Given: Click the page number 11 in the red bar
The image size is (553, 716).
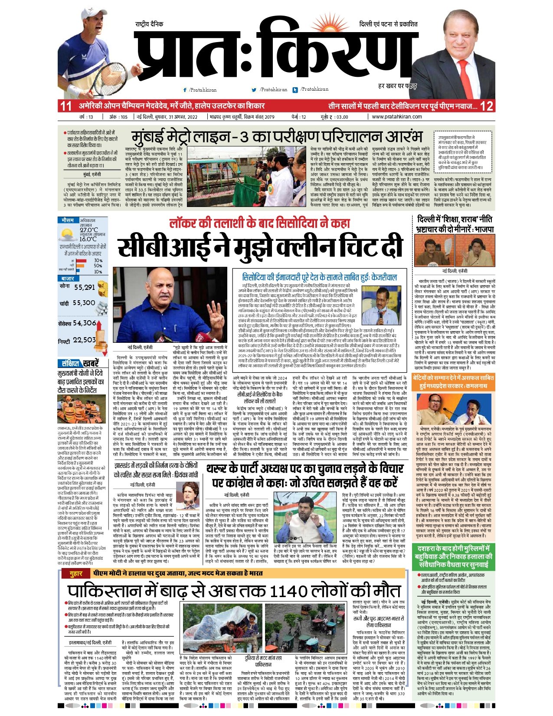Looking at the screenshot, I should click(65, 105).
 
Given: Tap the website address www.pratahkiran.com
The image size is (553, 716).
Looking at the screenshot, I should click(397, 117).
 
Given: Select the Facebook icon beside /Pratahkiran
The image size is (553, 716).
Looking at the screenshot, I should click(185, 90).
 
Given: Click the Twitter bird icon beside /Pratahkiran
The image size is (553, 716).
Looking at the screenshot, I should click(254, 90).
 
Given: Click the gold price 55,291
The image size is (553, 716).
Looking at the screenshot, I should click(84, 287).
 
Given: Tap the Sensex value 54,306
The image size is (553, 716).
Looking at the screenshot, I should click(85, 323).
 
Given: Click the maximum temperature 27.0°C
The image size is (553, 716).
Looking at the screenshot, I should click(88, 230).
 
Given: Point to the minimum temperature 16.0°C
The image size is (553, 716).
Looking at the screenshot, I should click(88, 239).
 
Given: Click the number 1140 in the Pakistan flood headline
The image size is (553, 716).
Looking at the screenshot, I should click(290, 591).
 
